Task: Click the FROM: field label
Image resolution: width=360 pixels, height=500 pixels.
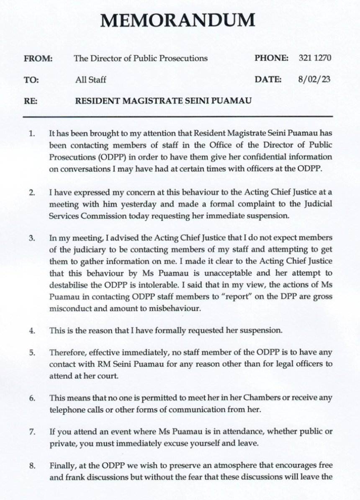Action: click(37, 58)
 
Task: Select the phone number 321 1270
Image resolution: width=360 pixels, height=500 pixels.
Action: click(315, 58)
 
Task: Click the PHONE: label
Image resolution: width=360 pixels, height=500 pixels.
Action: click(271, 58)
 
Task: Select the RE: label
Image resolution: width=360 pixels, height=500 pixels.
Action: click(31, 101)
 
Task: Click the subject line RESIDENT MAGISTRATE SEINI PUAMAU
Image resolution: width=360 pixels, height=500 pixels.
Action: click(163, 101)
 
